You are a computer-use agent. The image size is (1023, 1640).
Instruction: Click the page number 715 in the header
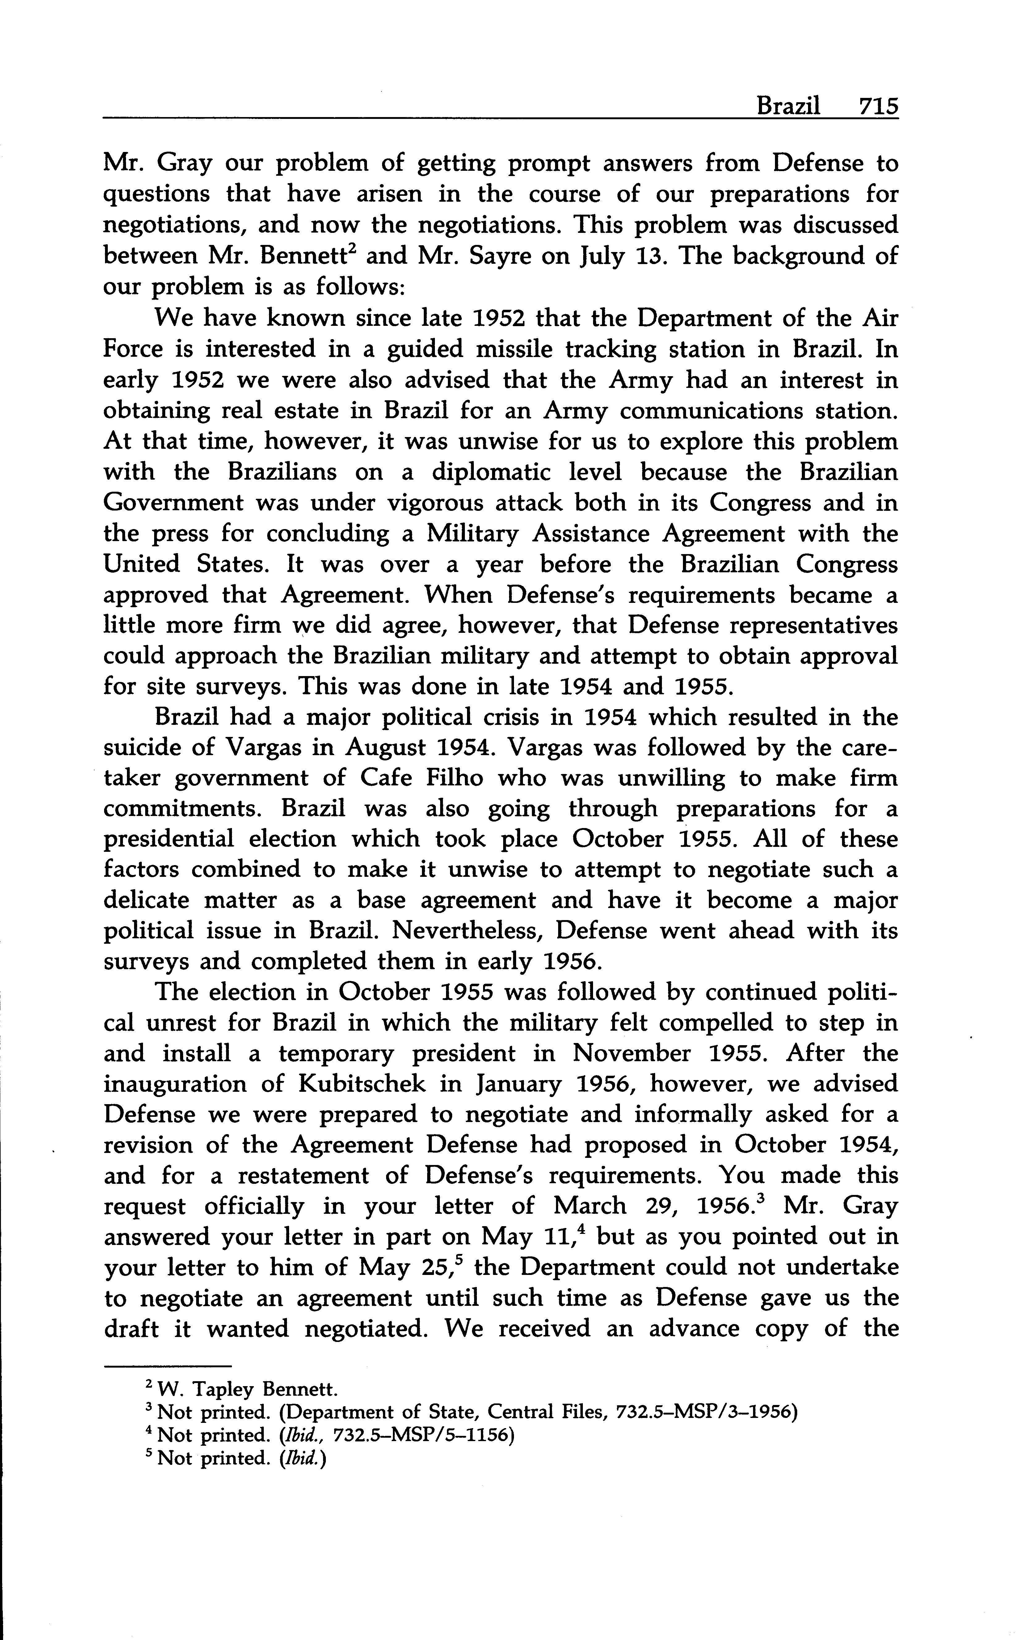(x=878, y=106)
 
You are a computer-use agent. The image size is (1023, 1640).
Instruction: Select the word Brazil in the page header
(x=788, y=106)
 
